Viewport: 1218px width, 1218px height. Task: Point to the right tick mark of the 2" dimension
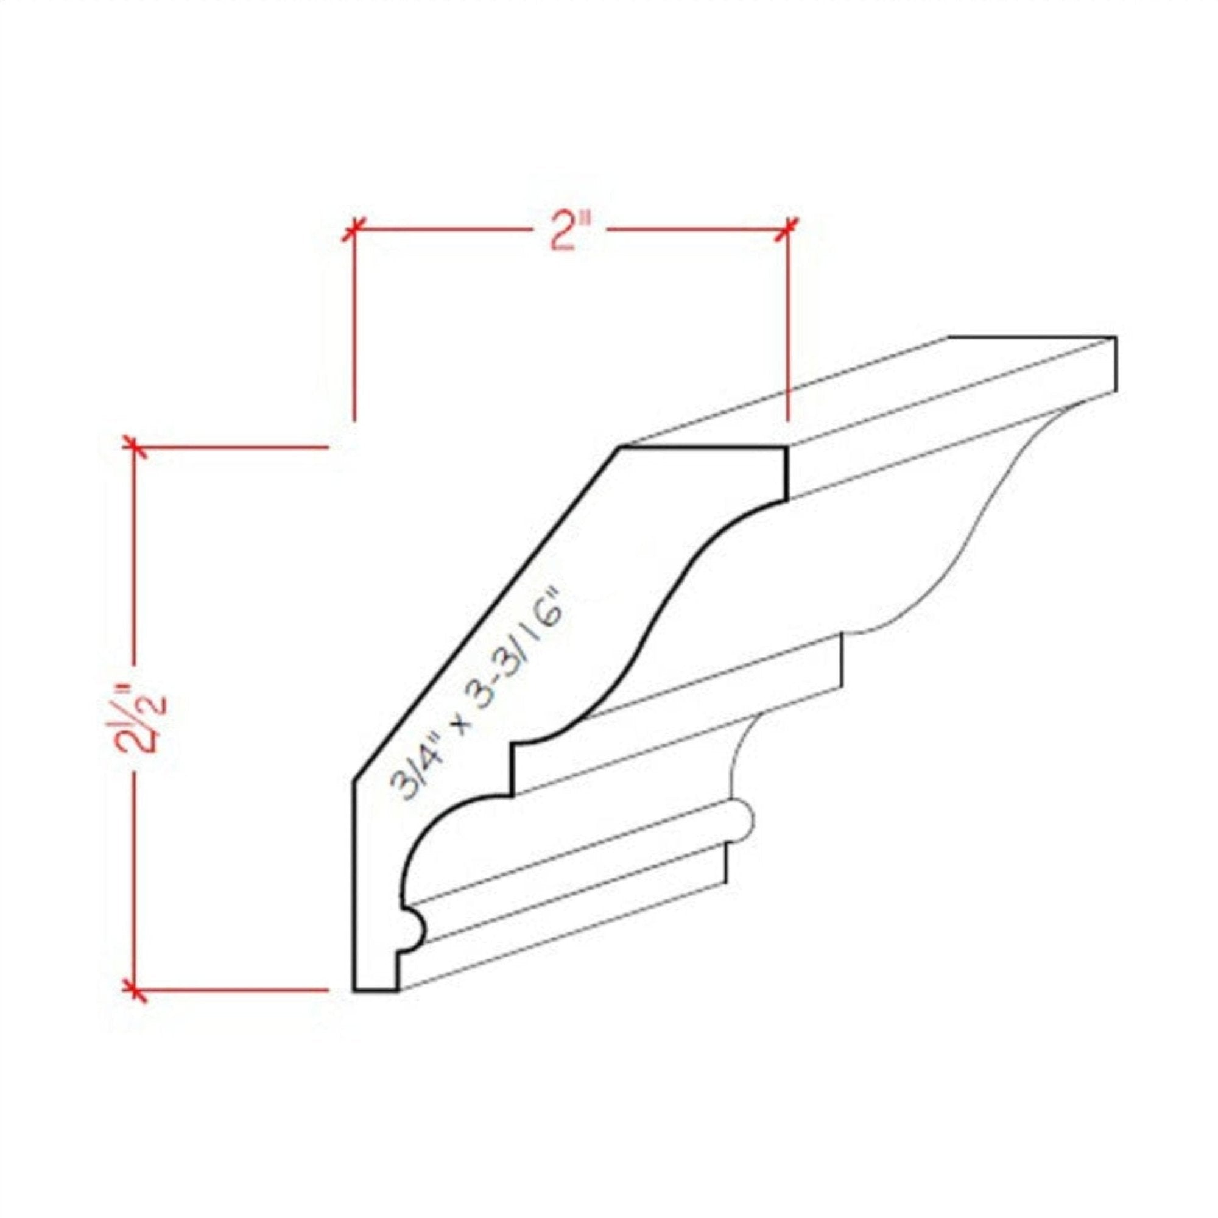[x=788, y=229]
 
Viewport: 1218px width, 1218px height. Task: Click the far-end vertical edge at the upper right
[x=1115, y=364]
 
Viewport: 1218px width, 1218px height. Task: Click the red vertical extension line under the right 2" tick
[x=788, y=328]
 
